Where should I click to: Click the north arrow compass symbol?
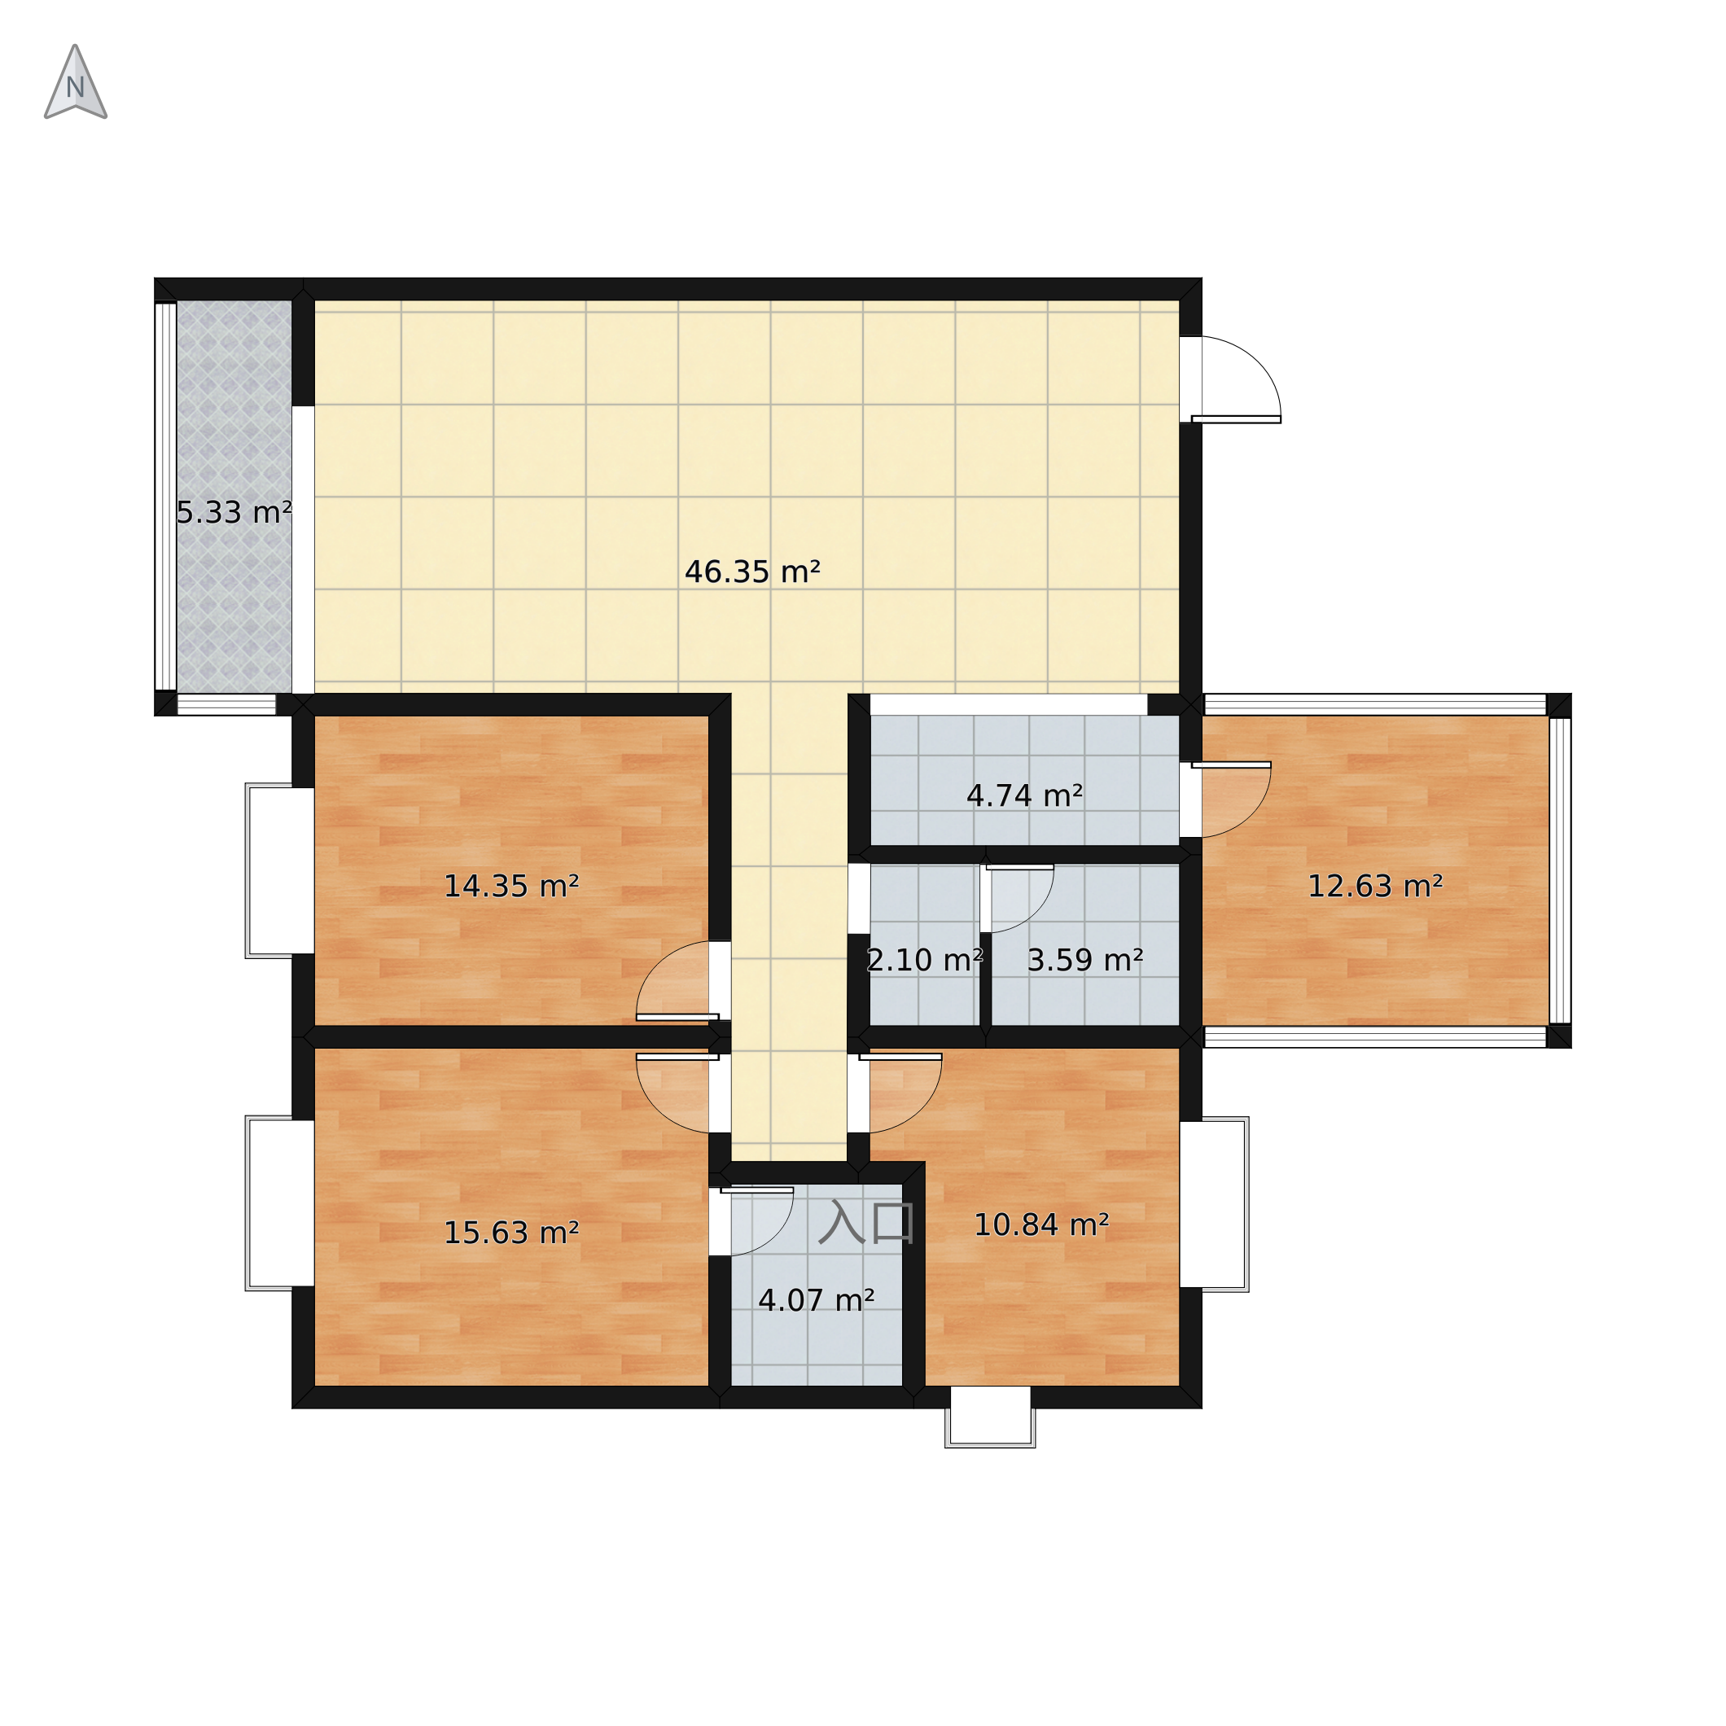click(76, 82)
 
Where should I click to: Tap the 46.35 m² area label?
click(752, 572)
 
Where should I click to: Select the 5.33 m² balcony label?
click(234, 512)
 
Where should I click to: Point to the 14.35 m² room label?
click(511, 887)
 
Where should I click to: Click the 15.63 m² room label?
click(511, 1233)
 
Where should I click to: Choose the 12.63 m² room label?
click(1375, 887)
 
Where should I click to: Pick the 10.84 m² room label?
click(1040, 1224)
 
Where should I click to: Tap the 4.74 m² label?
click(1025, 795)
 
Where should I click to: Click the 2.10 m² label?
click(925, 961)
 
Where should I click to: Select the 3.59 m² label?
click(1084, 961)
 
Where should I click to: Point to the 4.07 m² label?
click(816, 1300)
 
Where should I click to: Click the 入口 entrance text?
click(865, 1223)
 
